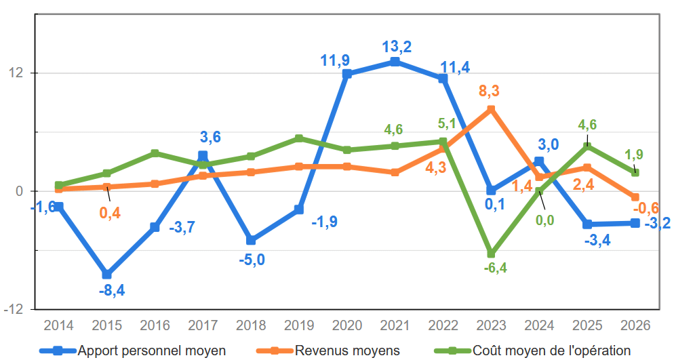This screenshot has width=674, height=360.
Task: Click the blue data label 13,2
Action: coord(397,47)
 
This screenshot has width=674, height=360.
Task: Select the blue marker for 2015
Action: coord(106,275)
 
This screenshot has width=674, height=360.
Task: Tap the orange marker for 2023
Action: coord(491,109)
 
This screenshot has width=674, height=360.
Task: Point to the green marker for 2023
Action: coord(491,254)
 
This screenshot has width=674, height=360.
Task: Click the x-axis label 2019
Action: coord(298,325)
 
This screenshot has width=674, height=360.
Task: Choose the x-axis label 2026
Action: coord(635,325)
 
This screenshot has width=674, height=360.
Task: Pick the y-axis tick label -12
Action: coord(17,309)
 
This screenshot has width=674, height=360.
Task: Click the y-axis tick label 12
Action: coord(20,73)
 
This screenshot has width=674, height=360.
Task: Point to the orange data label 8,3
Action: coord(489,91)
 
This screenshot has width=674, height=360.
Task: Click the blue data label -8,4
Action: coord(112,291)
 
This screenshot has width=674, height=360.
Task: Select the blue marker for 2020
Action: coord(347,74)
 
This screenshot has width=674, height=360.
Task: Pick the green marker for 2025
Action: coord(587,146)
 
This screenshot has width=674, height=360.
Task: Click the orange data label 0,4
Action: coord(110,213)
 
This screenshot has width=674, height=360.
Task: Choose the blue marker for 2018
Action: coord(251,240)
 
